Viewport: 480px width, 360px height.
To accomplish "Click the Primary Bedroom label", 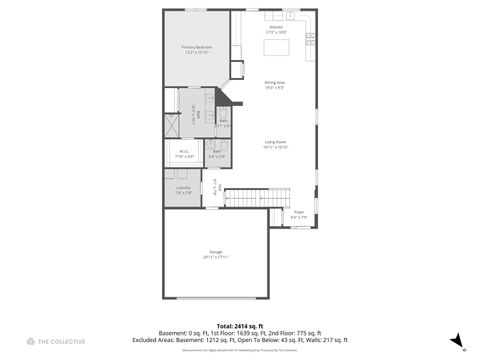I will [x=197, y=47].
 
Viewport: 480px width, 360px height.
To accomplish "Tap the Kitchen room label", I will [x=276, y=27].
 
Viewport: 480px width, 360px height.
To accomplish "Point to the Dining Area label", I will [x=275, y=82].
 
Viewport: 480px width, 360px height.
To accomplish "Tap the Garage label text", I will [x=216, y=252].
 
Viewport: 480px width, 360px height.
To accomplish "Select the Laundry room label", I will [x=183, y=187].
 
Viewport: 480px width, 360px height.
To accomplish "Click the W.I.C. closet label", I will [x=184, y=152].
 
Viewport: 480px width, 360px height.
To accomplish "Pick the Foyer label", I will [x=298, y=212].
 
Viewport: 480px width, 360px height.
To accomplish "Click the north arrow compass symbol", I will [x=456, y=341].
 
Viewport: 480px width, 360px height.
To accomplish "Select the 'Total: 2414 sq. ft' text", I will [x=240, y=326].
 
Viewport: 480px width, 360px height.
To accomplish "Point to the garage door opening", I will [x=216, y=298].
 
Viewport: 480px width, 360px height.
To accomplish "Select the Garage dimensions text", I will [x=216, y=258].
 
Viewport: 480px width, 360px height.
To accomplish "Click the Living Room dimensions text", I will [x=277, y=148].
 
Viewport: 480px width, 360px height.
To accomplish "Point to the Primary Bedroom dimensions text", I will [x=197, y=53].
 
